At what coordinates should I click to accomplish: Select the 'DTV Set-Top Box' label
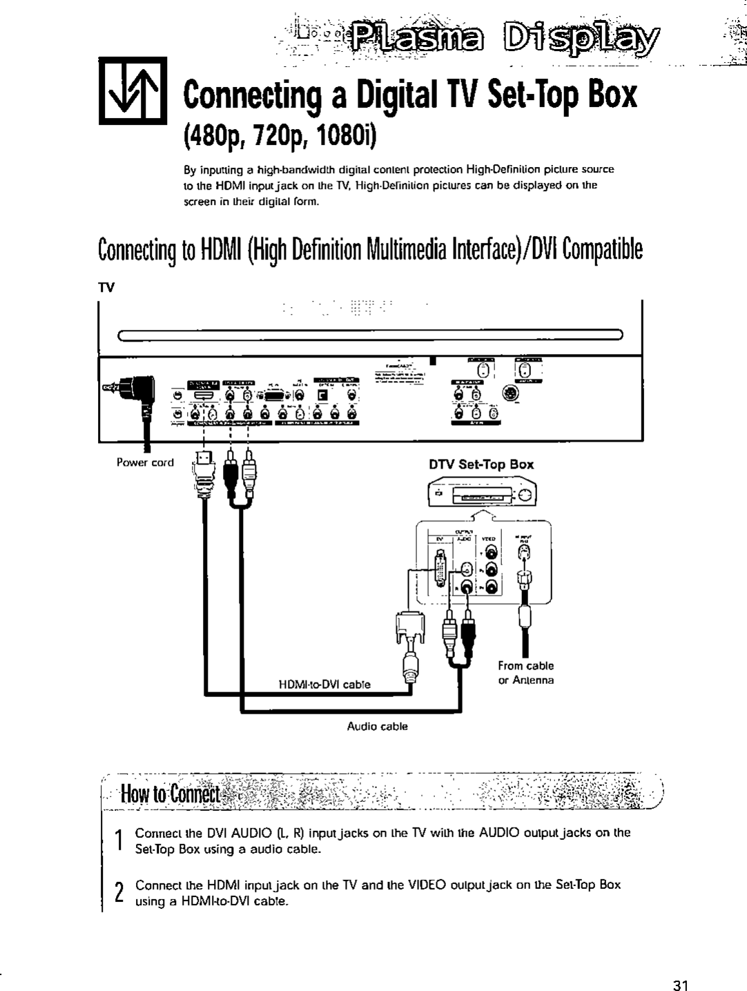click(481, 464)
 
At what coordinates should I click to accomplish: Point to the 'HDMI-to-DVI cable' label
click(324, 685)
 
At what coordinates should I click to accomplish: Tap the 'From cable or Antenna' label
click(526, 673)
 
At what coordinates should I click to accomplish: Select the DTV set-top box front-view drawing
click(481, 495)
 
